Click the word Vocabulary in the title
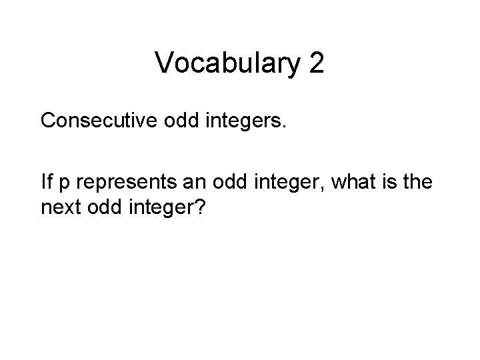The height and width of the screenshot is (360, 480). tap(227, 63)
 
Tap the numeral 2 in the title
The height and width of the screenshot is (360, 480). tap(316, 63)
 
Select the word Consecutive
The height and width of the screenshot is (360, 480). tap(99, 121)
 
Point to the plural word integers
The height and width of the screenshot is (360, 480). tap(246, 122)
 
